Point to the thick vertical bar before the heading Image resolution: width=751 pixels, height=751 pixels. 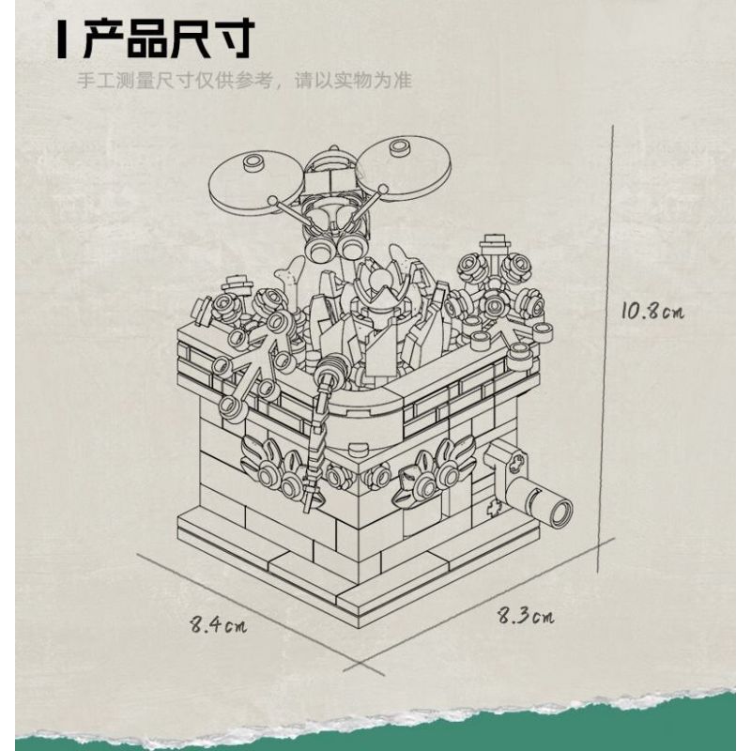point(62,41)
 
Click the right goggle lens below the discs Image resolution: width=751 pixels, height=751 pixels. point(354,246)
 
